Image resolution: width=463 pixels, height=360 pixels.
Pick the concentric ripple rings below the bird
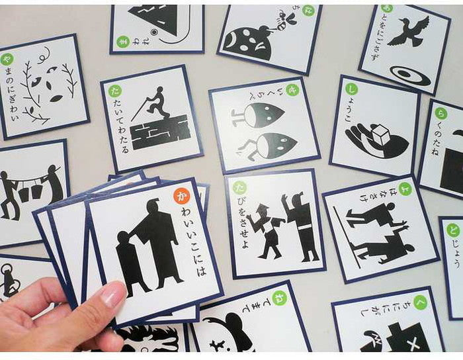click(409, 75)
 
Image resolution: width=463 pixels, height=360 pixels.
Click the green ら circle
click(441, 113)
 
